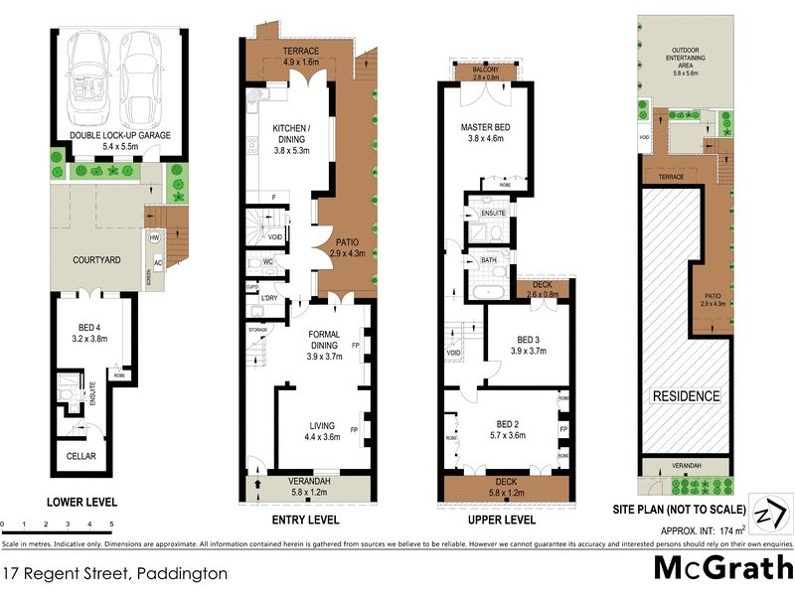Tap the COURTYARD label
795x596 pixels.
tap(97, 260)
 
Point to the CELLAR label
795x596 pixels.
tap(82, 456)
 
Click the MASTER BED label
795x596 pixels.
tap(486, 128)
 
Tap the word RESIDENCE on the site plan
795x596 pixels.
tap(686, 396)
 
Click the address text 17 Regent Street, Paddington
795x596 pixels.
tap(115, 573)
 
